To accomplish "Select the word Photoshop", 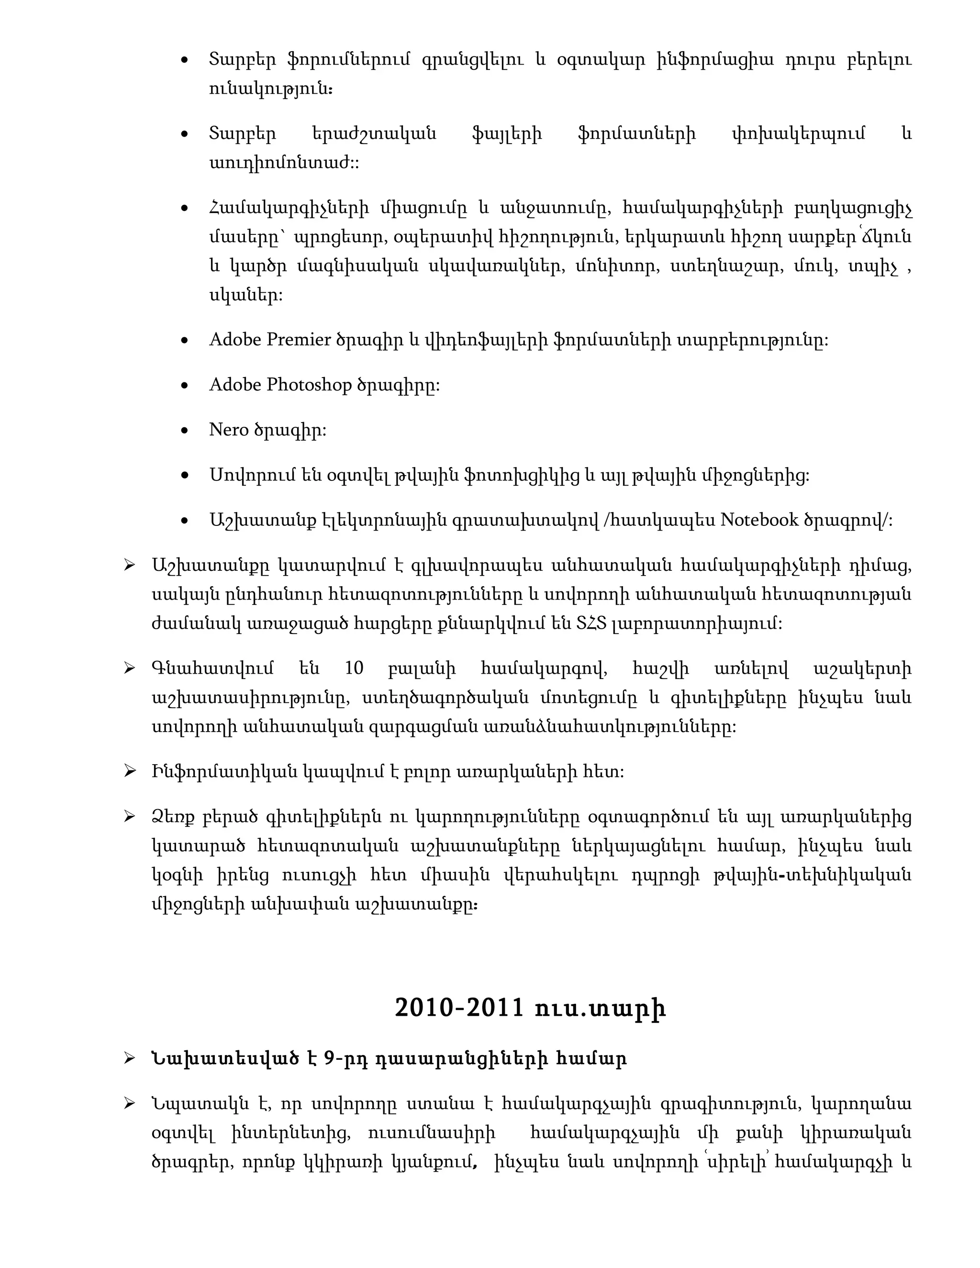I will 309,385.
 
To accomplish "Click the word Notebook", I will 759,520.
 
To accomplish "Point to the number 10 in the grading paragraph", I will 354,668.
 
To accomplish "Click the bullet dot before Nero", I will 185,431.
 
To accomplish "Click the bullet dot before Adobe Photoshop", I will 185,386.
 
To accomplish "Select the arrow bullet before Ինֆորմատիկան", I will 130,772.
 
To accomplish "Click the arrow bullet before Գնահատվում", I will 130,669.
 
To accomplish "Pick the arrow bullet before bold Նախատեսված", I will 130,1059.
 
